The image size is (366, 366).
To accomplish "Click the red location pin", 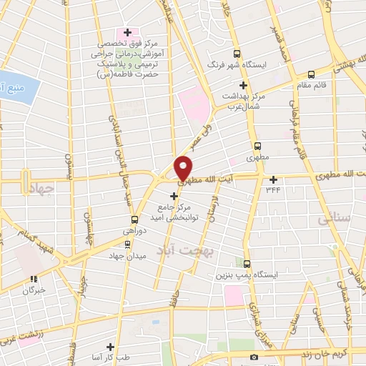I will (184, 168).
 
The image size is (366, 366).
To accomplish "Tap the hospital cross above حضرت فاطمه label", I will (128, 32).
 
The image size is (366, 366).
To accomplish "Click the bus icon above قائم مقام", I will (311, 74).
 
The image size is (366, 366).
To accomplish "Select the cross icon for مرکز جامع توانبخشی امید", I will (174, 195).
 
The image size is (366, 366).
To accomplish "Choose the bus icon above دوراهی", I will (134, 219).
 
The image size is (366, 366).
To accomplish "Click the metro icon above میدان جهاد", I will (127, 244).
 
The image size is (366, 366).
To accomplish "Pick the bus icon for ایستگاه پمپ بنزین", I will (247, 263).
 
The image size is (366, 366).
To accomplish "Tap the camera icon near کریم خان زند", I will (253, 357).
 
